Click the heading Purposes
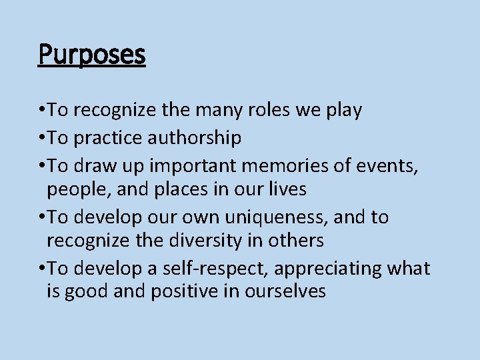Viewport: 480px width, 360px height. pyautogui.click(x=91, y=55)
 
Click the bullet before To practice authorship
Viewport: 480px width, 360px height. pyautogui.click(x=42, y=139)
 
